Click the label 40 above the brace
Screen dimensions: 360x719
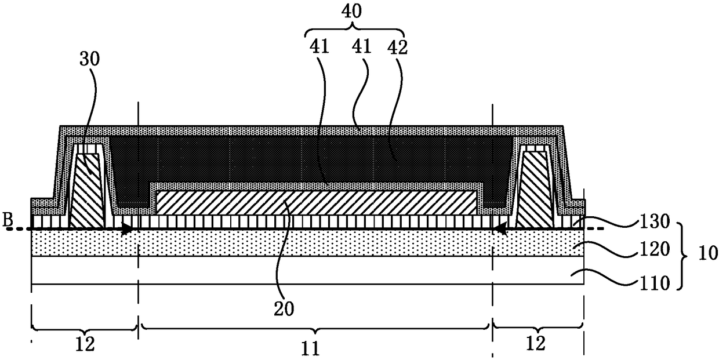(355, 11)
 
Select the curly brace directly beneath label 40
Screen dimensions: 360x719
(354, 30)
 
